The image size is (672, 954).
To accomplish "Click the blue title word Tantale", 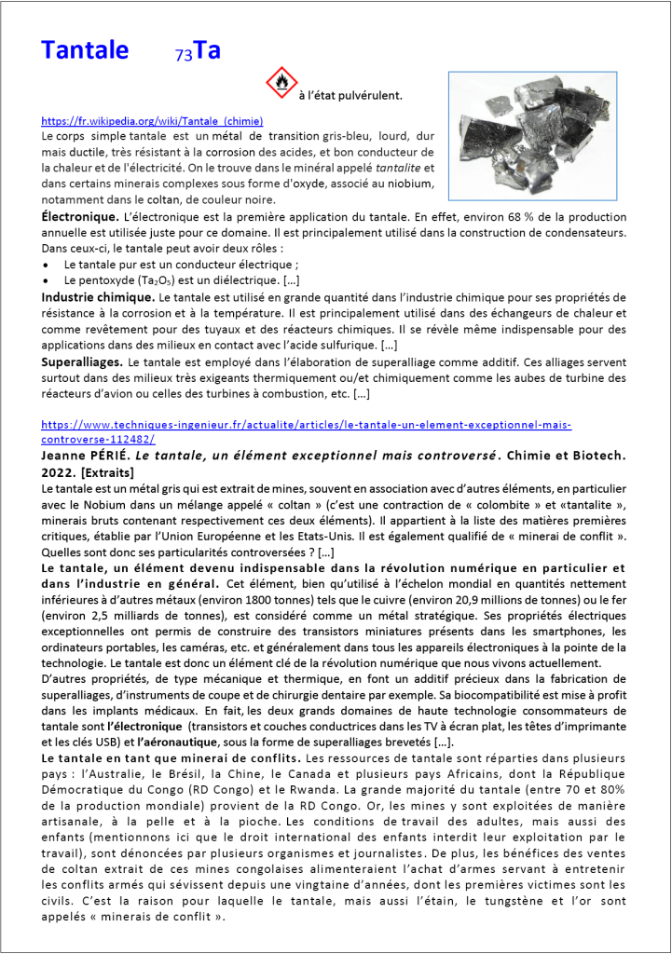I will click(85, 50).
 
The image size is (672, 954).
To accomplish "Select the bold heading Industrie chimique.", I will click(98, 296).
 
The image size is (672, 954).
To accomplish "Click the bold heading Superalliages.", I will click(82, 361).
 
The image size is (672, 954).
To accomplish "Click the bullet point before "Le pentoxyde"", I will click(47, 279).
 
